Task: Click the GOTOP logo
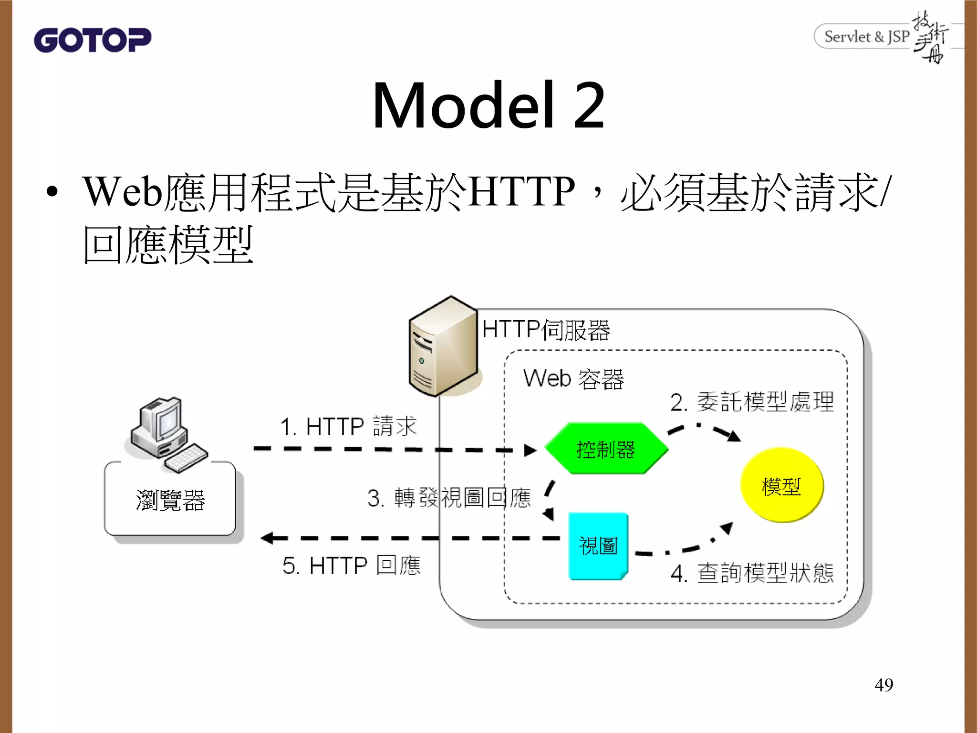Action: [x=93, y=40]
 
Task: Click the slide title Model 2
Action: [x=488, y=105]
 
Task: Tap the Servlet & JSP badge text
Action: [x=866, y=37]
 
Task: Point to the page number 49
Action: [x=883, y=685]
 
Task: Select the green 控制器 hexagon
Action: [x=606, y=449]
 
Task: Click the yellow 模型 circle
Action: [x=781, y=486]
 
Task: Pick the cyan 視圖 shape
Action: [x=598, y=546]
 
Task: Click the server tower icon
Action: [x=443, y=346]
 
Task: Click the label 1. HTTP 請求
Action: [x=348, y=426]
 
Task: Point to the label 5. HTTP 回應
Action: [x=351, y=565]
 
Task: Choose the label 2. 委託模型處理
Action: [x=752, y=402]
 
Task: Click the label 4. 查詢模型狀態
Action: [x=752, y=573]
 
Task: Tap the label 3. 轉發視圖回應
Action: [x=448, y=498]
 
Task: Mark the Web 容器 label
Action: [x=573, y=378]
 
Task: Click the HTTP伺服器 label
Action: [x=546, y=329]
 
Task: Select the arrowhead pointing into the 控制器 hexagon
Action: [x=530, y=450]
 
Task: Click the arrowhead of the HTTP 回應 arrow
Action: [x=267, y=538]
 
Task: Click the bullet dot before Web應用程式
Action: [x=52, y=192]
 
